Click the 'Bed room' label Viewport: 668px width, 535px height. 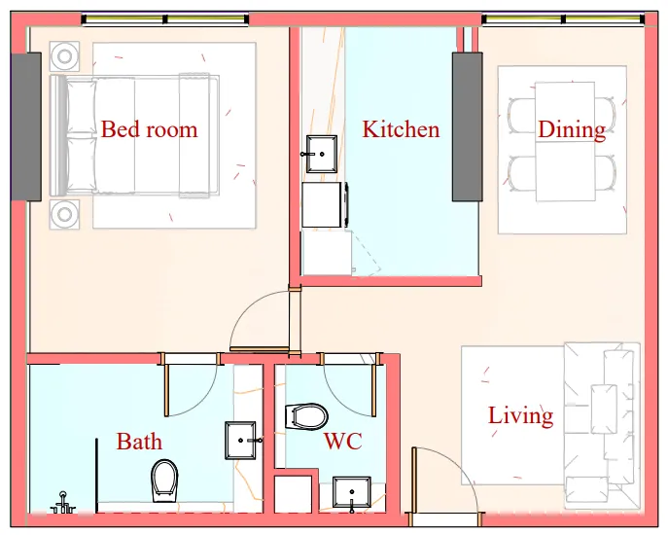click(149, 129)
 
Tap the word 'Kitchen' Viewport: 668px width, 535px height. click(401, 129)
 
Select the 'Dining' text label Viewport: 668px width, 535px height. click(571, 129)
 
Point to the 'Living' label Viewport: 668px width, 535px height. click(520, 416)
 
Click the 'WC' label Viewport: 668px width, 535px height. click(342, 443)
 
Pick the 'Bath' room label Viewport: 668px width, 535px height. click(139, 443)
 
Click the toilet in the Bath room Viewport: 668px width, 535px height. click(164, 480)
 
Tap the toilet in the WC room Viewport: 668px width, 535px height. click(307, 417)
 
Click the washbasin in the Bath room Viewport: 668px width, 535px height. click(241, 440)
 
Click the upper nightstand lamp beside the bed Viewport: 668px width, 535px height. click(65, 55)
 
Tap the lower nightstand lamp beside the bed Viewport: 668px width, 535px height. click(65, 213)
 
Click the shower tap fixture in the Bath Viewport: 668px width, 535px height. click(65, 503)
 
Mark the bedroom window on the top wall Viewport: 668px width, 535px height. click(164, 18)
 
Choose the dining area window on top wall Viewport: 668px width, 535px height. click(562, 18)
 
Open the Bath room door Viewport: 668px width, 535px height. click(191, 385)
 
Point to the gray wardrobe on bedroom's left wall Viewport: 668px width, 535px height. click(26, 126)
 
